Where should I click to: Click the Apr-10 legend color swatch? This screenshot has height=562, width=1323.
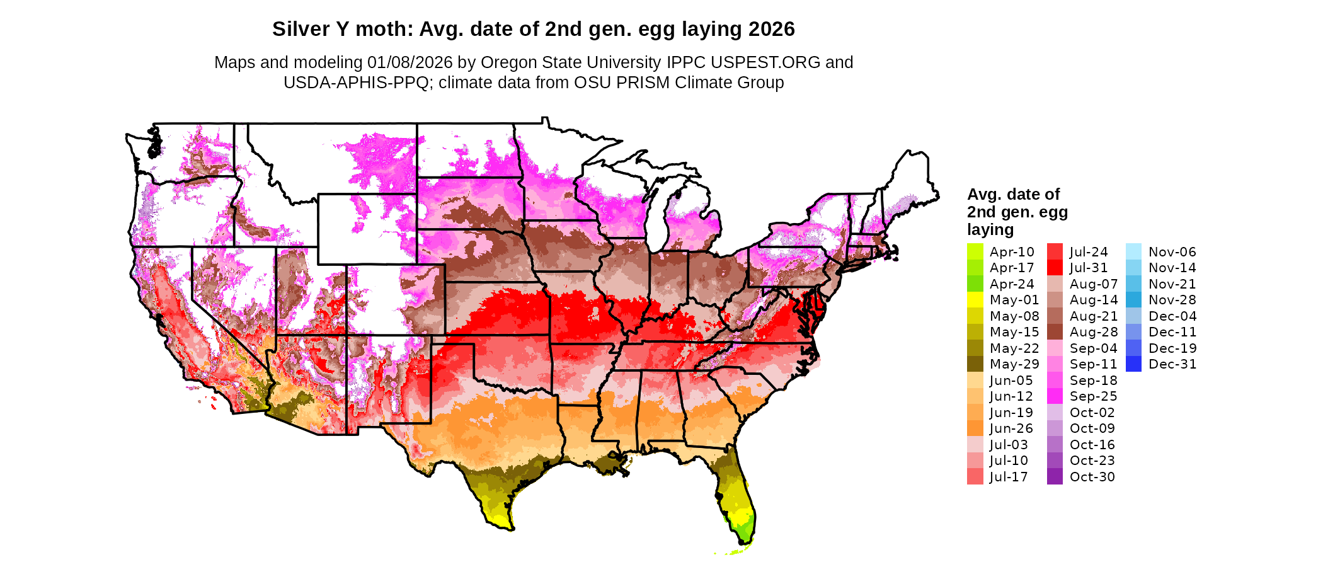[x=975, y=251]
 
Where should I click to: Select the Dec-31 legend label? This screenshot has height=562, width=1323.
[x=1172, y=364]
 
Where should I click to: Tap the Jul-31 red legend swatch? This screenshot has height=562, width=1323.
[x=1055, y=268]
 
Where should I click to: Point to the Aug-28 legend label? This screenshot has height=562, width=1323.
[x=1093, y=332]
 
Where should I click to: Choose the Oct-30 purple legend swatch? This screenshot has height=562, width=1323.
[x=1055, y=477]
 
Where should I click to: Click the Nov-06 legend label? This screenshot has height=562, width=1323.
[x=1172, y=252]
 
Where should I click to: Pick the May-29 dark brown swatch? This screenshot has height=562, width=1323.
[x=975, y=364]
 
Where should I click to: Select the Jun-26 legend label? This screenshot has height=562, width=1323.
[x=1011, y=428]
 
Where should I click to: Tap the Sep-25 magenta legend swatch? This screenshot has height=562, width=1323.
[x=1055, y=396]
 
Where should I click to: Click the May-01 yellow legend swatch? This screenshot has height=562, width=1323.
[x=975, y=300]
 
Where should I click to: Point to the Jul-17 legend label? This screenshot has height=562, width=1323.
[x=1009, y=477]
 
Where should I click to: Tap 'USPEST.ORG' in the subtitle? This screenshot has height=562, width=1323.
[x=765, y=62]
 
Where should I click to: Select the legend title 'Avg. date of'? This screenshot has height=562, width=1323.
[x=1013, y=194]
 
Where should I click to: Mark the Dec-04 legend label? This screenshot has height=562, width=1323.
[x=1172, y=316]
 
